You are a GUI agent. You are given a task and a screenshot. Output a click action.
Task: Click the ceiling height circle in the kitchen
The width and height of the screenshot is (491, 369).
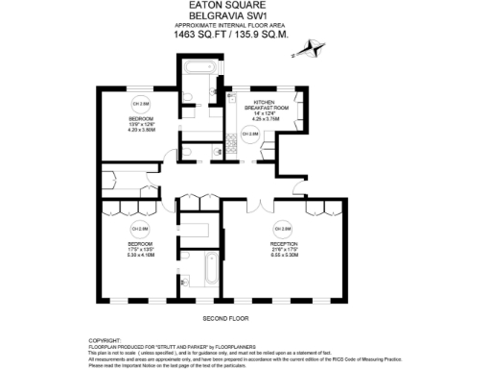click(x=246, y=135)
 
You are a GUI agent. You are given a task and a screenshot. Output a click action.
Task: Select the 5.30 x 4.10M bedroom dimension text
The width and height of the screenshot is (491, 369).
click(x=141, y=255)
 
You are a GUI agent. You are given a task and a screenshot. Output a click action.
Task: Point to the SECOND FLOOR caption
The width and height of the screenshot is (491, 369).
click(x=225, y=317)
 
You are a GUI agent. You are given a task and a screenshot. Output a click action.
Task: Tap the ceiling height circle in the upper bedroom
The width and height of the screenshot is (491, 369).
click(x=141, y=104)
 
